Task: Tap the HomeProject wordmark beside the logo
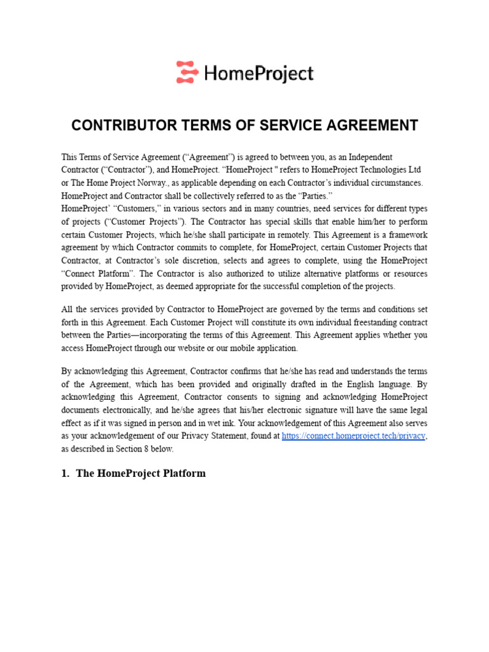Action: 259,73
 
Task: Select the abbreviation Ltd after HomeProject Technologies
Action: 415,170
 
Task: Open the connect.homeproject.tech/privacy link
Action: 353,436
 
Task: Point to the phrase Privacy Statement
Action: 235,436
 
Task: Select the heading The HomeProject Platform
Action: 141,473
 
